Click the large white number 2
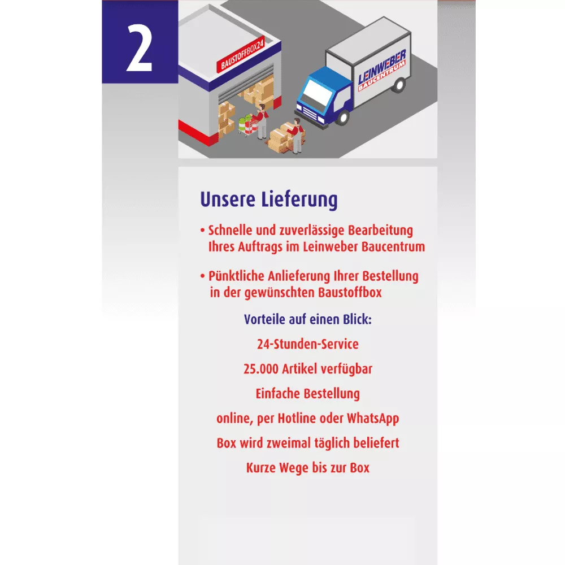coord(140,47)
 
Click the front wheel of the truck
coord(344,117)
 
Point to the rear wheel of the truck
coord(399,85)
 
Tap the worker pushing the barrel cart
coord(262,121)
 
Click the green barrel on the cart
coord(242,124)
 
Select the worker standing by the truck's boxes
coord(297,136)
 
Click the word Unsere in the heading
coord(228,199)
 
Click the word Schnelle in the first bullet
coord(230,231)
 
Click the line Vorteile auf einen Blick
coord(308,319)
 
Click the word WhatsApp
coord(373,419)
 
